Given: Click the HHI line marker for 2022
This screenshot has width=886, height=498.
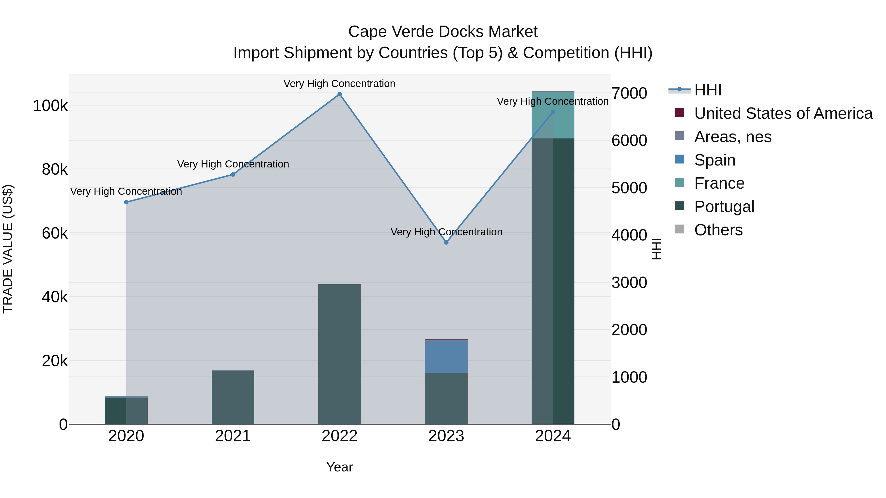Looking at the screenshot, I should (339, 94).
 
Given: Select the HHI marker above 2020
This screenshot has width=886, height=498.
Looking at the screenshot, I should (126, 202).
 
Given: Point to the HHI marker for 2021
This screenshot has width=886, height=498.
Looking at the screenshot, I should (233, 175).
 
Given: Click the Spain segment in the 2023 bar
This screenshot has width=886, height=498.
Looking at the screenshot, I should (446, 357).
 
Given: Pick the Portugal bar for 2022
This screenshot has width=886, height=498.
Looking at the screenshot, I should (339, 354).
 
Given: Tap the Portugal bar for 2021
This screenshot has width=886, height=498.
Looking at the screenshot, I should (233, 397).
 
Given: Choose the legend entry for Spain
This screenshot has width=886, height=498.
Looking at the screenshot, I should (714, 160).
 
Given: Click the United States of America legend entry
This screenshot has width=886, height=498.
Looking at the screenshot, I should (783, 113).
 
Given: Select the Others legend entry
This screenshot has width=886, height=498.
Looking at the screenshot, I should (718, 230).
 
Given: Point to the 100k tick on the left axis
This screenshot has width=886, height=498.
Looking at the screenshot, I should (50, 106).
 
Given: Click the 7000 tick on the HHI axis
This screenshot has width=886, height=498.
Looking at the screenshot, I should (629, 93).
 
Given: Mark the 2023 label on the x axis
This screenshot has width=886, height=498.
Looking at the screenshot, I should (446, 436).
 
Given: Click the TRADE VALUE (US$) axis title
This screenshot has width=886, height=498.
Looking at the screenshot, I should (8, 249).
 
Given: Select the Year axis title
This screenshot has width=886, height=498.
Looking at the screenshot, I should (339, 467).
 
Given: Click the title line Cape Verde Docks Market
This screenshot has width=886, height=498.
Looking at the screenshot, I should (443, 32).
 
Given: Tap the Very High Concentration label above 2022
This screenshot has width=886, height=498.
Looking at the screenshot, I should (339, 84).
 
